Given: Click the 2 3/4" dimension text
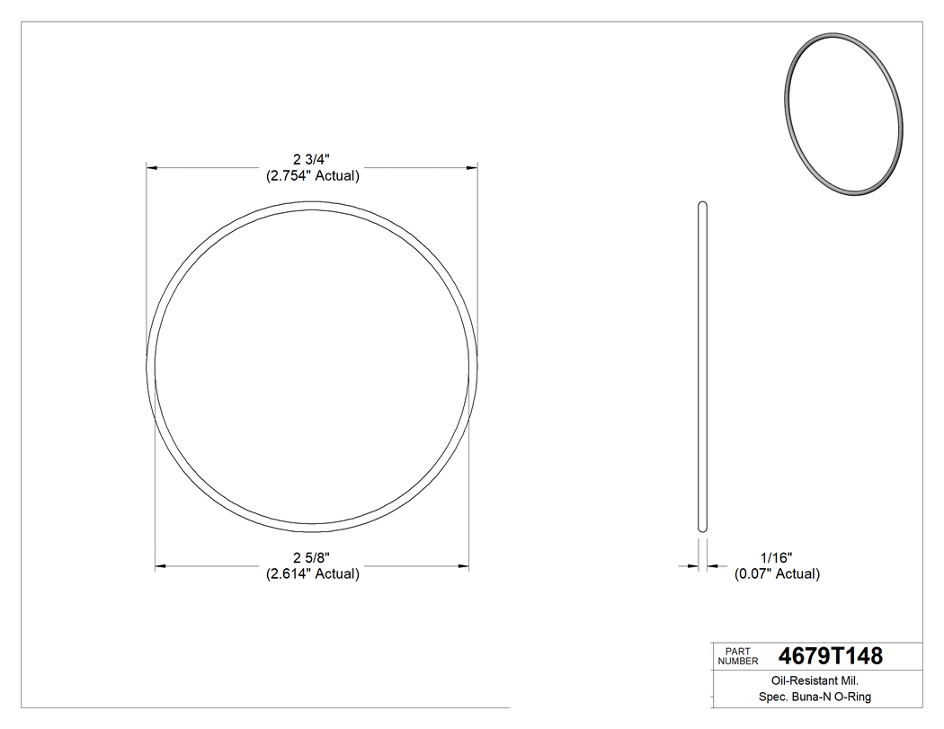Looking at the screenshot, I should point(312,160).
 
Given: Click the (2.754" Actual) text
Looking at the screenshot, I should point(312,176).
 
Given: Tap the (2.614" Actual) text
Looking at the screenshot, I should point(312,574).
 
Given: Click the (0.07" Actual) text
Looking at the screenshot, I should point(777,574).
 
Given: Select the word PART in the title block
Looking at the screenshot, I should point(736,651).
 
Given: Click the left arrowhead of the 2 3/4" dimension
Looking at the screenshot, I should point(153,167).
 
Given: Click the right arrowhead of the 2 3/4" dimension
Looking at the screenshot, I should point(471,167).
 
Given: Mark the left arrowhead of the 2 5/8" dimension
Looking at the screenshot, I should point(162,566).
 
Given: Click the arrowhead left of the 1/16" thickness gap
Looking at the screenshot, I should point(693,566).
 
